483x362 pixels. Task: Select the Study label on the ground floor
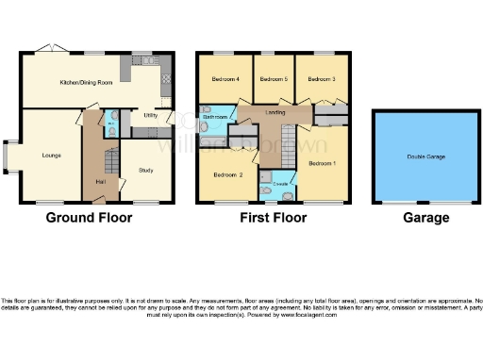coord(145,171)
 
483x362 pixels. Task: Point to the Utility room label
coord(149,116)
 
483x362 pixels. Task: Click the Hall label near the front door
coord(100,181)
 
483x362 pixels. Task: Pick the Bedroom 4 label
coord(225,78)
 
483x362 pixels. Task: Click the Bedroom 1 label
coord(322,163)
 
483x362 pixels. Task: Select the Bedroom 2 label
coord(227,175)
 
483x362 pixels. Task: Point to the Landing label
coord(275,113)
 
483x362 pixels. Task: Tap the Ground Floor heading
coord(90,218)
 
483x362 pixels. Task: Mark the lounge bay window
coord(8,157)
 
